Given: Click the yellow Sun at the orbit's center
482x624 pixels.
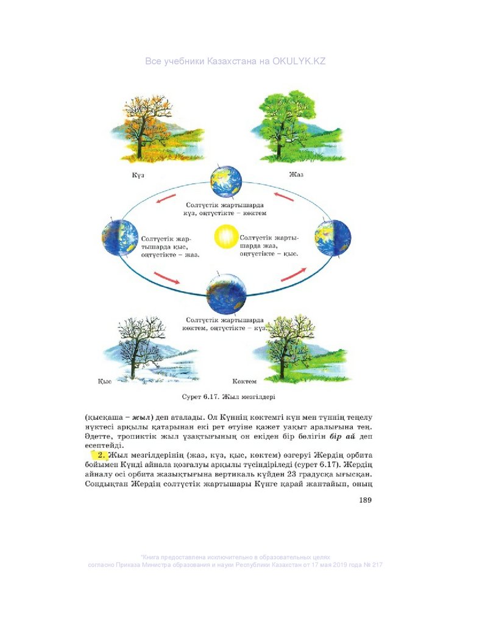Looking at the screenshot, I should pyautogui.click(x=226, y=235).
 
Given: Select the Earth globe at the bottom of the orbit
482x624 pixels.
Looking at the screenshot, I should pyautogui.click(x=226, y=294).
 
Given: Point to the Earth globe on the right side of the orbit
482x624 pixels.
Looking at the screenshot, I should pyautogui.click(x=333, y=237).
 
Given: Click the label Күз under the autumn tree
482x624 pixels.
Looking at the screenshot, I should pyautogui.click(x=137, y=175).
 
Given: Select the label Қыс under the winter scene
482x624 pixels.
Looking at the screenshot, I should pyautogui.click(x=104, y=381).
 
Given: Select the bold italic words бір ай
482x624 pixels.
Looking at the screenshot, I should pyautogui.click(x=341, y=436).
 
